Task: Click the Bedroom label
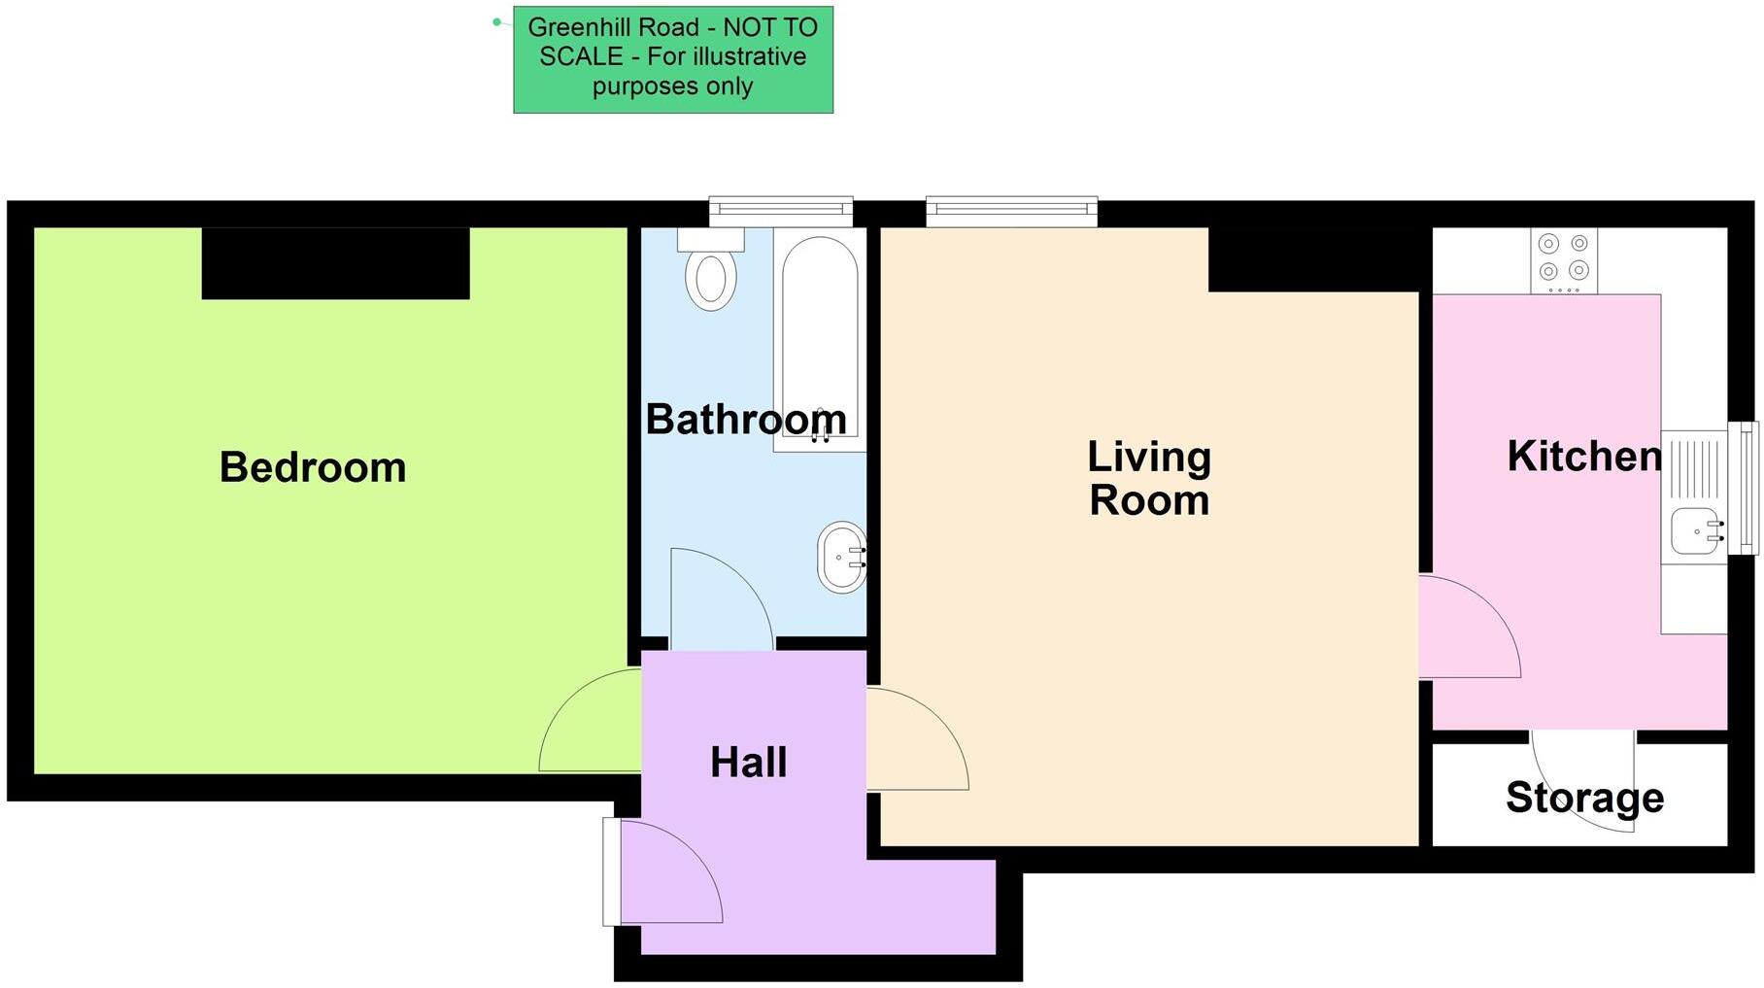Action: (x=313, y=467)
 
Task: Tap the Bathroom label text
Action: (x=745, y=420)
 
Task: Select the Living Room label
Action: (x=1149, y=478)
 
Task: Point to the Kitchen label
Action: (x=1583, y=457)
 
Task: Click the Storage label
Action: (x=1584, y=798)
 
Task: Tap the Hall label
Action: (x=748, y=763)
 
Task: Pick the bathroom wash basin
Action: (x=841, y=558)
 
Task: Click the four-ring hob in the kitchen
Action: (x=1564, y=259)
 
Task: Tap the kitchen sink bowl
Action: (x=1693, y=531)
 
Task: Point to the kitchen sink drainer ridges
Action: (x=1695, y=469)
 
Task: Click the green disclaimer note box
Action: (x=672, y=59)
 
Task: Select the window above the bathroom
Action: (x=781, y=210)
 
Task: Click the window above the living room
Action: (x=1011, y=210)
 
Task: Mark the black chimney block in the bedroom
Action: (x=335, y=263)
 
